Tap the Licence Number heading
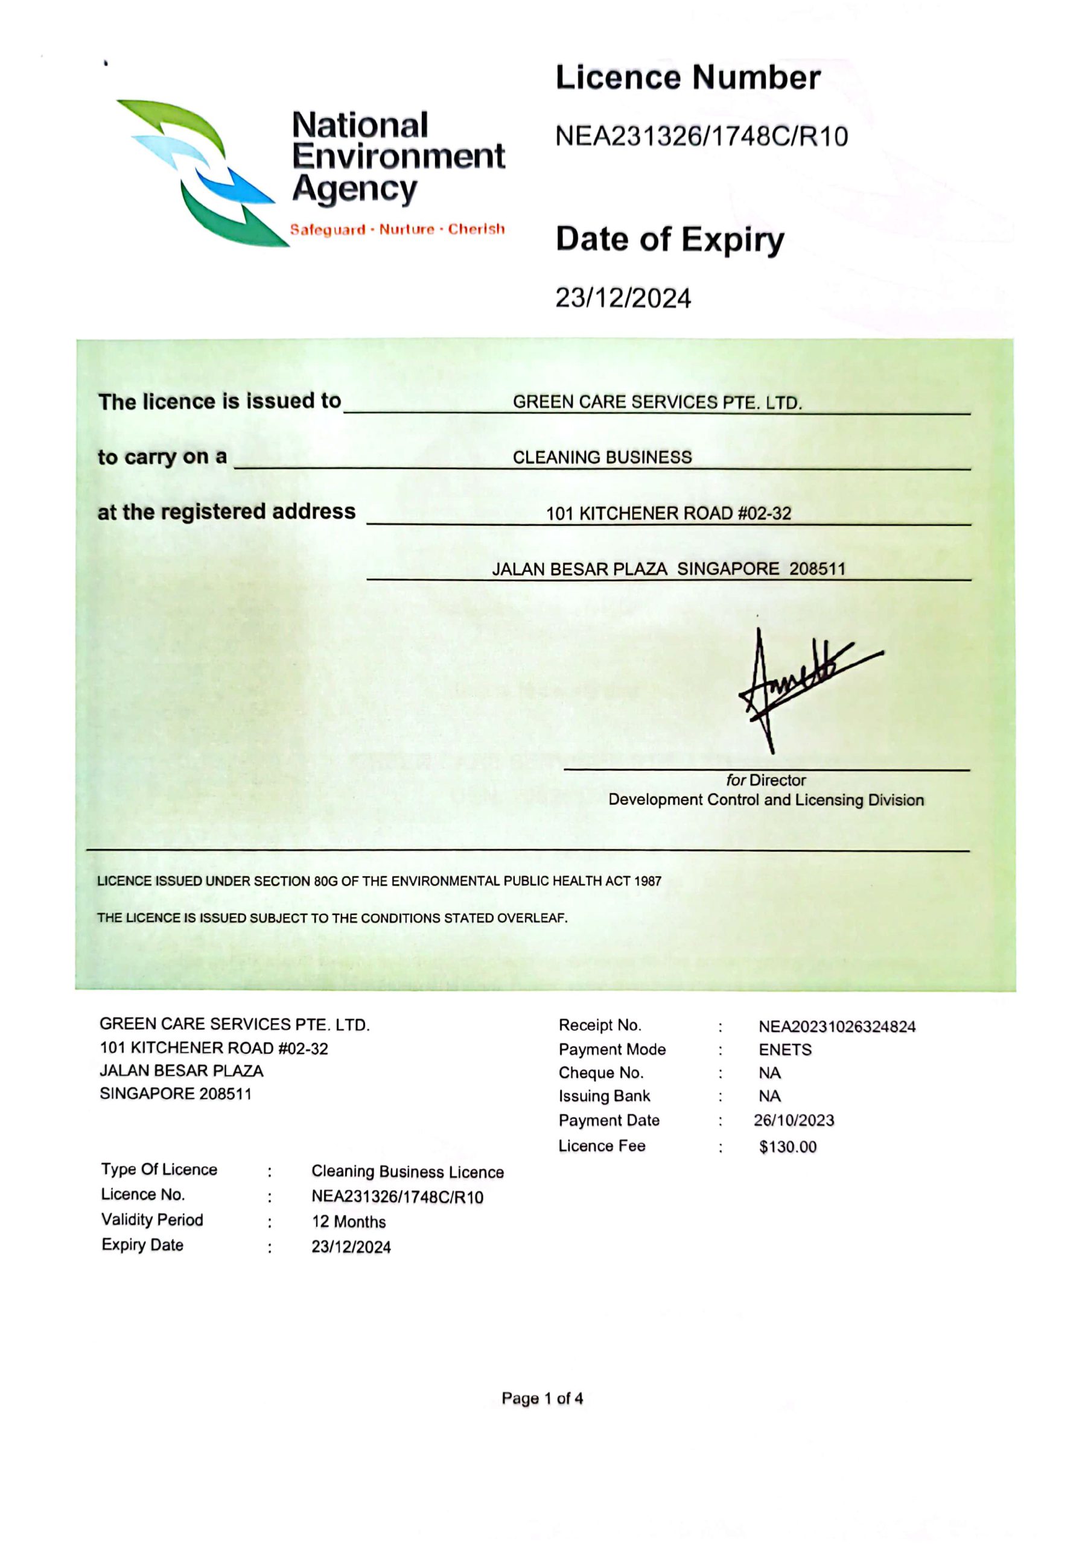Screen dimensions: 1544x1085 coord(687,78)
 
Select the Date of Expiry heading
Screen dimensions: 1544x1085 coord(669,240)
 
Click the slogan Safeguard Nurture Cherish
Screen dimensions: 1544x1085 coord(397,229)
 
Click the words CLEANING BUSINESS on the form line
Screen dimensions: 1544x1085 coord(602,457)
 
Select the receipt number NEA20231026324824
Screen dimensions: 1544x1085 coord(837,1027)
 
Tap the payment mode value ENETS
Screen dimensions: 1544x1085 coord(785,1049)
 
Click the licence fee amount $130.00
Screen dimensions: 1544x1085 coord(787,1147)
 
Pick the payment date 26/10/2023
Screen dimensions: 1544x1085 coord(794,1121)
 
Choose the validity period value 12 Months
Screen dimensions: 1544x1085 coord(348,1222)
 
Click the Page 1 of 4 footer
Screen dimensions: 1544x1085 coord(542,1399)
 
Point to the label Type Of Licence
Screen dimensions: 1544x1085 coord(159,1169)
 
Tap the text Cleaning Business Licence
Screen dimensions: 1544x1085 coord(407,1171)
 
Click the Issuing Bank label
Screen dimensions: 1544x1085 coord(604,1096)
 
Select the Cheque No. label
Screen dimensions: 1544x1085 coord(600,1072)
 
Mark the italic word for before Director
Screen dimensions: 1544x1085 coord(736,780)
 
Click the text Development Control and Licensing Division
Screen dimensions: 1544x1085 coord(766,800)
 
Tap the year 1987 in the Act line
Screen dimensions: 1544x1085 coord(647,881)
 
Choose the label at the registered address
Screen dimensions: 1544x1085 coord(227,512)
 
